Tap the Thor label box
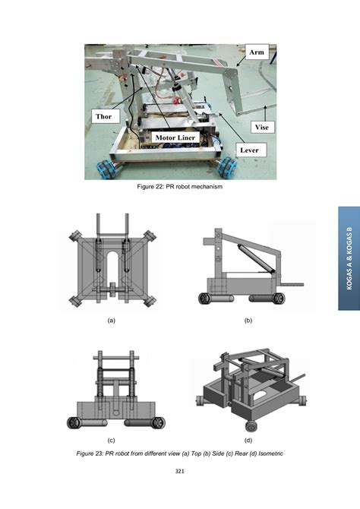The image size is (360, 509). tap(103, 117)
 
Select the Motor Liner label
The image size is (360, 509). tap(175, 137)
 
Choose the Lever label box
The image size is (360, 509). tap(249, 150)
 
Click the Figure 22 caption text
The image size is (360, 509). tap(180, 187)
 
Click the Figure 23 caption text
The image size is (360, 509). tap(179, 454)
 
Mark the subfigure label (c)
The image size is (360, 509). tap(111, 440)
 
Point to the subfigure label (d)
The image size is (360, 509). tap(248, 440)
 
